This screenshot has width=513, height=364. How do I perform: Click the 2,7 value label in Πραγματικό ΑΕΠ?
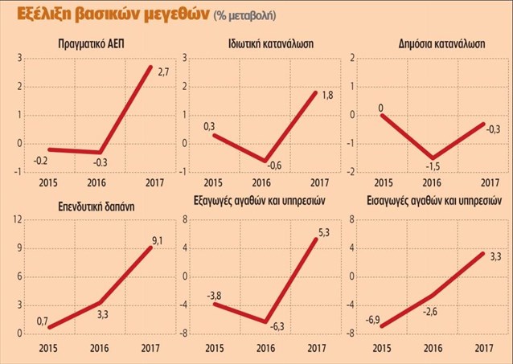163,72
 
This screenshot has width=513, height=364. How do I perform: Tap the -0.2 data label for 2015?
41,161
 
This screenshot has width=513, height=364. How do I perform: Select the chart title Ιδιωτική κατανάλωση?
271,44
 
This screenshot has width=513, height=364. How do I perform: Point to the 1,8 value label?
327,95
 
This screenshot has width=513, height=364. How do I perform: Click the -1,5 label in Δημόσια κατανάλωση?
433,166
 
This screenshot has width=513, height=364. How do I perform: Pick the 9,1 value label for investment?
158,241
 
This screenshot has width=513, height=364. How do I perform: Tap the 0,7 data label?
42,321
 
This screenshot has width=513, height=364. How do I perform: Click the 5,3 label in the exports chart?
323,233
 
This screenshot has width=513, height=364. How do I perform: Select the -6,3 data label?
277,326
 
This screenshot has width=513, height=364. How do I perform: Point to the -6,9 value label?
372,320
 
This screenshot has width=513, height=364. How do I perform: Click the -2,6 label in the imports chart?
430,311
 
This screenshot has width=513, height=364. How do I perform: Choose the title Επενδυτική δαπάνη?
96,207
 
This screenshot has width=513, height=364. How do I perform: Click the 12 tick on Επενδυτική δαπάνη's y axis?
18,220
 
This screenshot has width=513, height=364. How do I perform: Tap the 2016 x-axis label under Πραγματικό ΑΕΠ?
96,182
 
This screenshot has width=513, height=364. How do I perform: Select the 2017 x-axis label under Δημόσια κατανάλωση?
490,182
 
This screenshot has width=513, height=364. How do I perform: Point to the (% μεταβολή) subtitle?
244,15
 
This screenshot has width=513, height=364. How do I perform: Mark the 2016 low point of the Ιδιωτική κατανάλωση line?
265,161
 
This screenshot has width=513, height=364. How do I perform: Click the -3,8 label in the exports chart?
214,296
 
